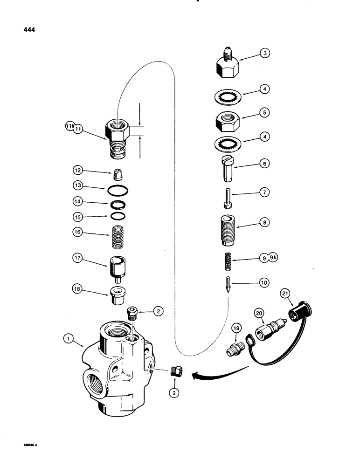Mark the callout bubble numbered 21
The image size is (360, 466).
(x=285, y=294)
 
